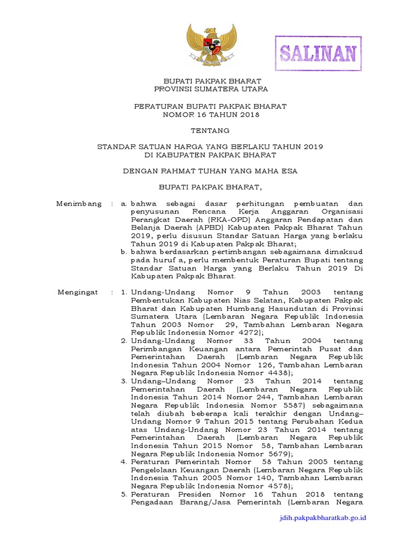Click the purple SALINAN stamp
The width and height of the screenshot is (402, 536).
click(318, 53)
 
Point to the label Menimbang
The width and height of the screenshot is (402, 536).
click(79, 204)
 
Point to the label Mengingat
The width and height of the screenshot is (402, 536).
click(78, 292)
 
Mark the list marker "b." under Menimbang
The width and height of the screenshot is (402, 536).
click(124, 252)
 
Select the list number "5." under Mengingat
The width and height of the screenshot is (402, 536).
click(124, 494)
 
